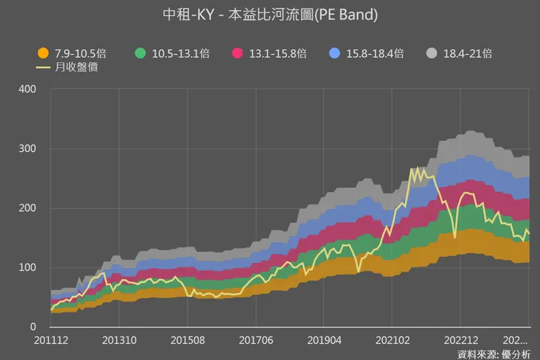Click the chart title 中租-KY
point(269,15)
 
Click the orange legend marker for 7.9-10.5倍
point(43,53)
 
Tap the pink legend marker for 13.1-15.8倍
point(237,53)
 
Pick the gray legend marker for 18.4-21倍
point(432,53)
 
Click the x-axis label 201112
point(51,340)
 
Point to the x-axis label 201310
point(119,340)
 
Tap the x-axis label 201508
point(188,340)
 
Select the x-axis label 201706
point(256,340)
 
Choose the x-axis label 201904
point(324,340)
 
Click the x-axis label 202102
point(392,340)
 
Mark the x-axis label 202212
point(460,340)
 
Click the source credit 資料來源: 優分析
point(494,354)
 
